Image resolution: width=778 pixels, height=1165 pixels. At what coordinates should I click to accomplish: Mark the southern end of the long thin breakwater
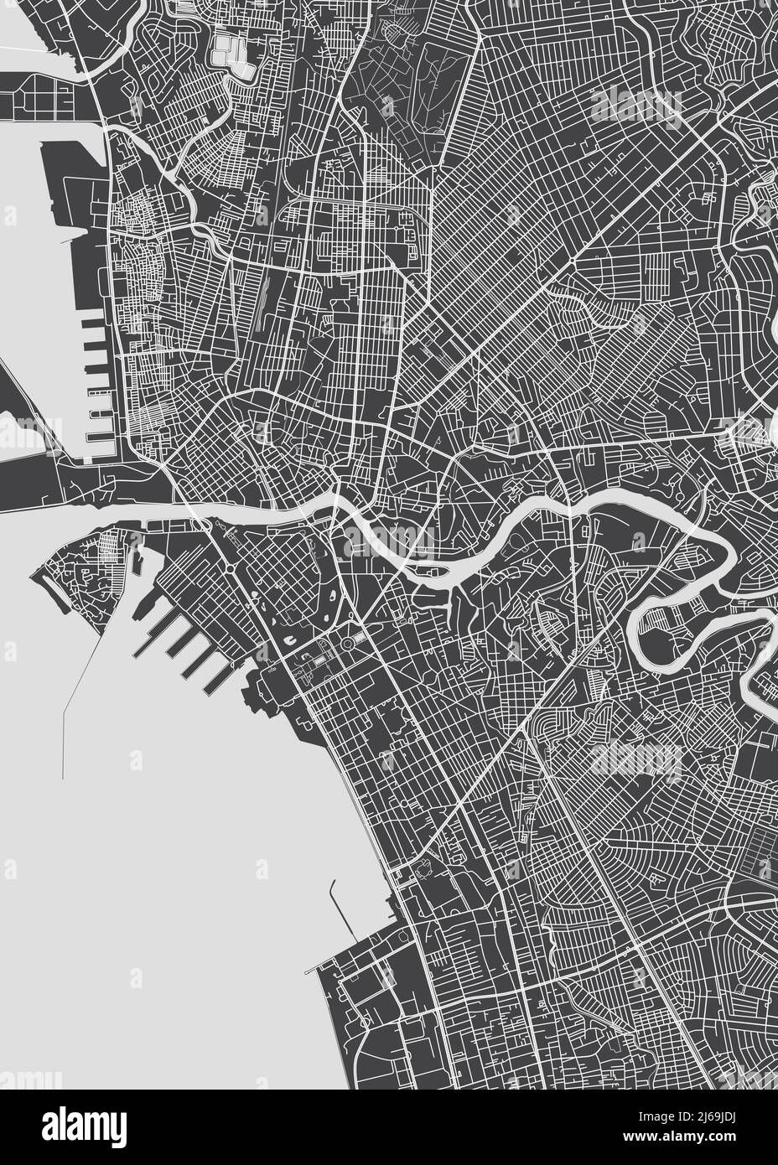pyautogui.click(x=64, y=778)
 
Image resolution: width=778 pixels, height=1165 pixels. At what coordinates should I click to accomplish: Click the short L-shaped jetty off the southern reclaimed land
pyautogui.click(x=342, y=909)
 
